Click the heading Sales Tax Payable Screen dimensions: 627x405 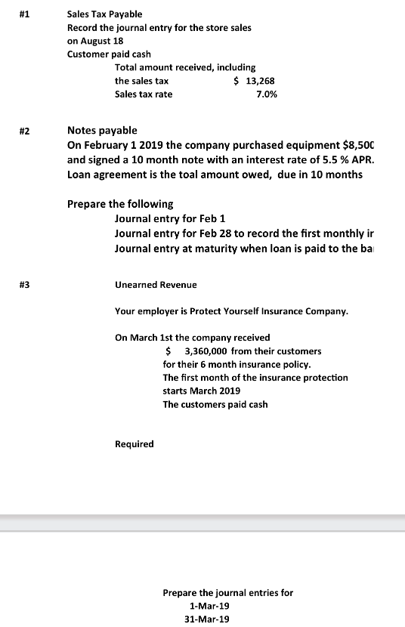(104, 14)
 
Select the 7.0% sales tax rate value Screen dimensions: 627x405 (267, 94)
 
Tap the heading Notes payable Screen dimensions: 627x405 (102, 131)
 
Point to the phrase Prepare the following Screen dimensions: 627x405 (120, 204)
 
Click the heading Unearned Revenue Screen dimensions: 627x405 (156, 285)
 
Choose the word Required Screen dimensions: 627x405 (134, 444)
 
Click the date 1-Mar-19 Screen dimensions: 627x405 (209, 606)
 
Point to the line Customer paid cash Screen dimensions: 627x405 (109, 54)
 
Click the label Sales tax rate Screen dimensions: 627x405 (144, 94)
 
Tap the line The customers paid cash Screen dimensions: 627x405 (215, 404)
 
